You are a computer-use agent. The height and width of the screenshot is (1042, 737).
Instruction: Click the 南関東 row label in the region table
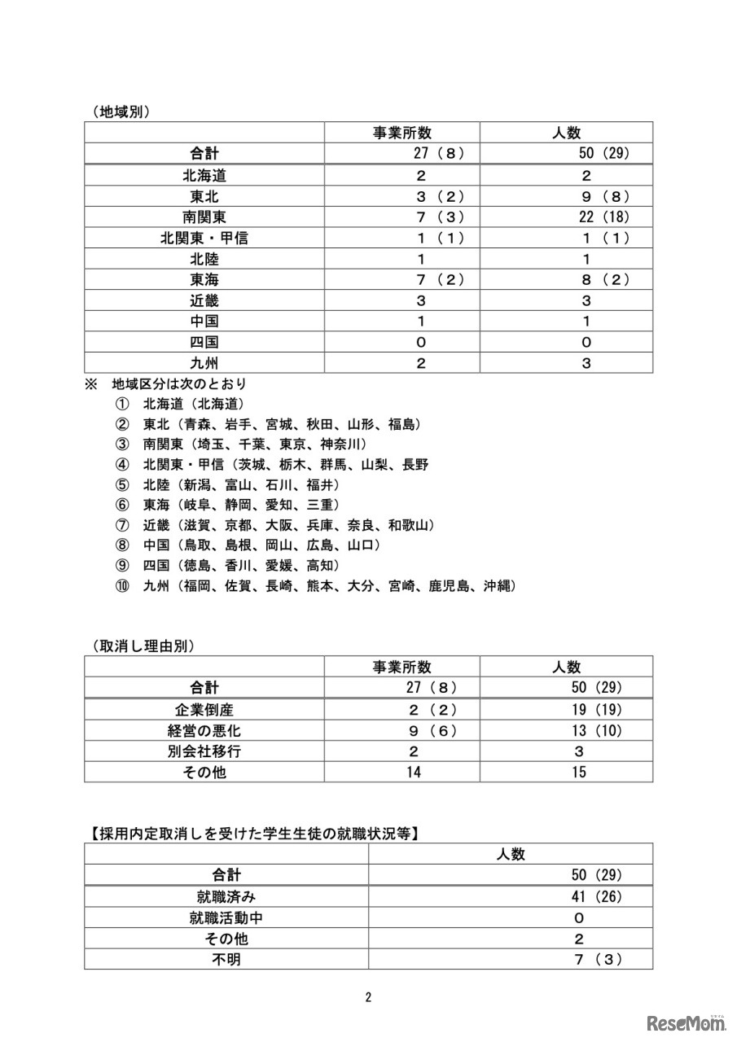(x=204, y=217)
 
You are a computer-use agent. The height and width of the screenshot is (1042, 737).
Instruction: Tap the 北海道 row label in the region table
(x=204, y=175)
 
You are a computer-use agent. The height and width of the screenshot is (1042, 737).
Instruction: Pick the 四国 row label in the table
(x=204, y=342)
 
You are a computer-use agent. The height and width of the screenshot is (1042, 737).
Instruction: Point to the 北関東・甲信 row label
(x=204, y=238)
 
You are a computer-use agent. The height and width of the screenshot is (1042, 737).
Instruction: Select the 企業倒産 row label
(x=204, y=709)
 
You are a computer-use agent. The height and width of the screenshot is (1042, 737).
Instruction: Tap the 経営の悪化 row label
(x=204, y=730)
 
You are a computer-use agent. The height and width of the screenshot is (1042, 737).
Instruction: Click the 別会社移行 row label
(x=204, y=751)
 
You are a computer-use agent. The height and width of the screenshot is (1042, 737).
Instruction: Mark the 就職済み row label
(x=226, y=896)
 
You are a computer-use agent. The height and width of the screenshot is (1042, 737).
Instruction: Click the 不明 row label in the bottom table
(x=226, y=959)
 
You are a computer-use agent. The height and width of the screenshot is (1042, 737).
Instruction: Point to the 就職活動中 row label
(x=226, y=917)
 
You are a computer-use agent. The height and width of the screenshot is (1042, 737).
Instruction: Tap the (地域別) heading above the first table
(x=121, y=112)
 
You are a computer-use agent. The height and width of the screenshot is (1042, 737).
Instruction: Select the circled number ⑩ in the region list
(x=122, y=585)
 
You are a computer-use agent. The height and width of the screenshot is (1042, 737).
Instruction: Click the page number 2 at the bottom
(x=368, y=997)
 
